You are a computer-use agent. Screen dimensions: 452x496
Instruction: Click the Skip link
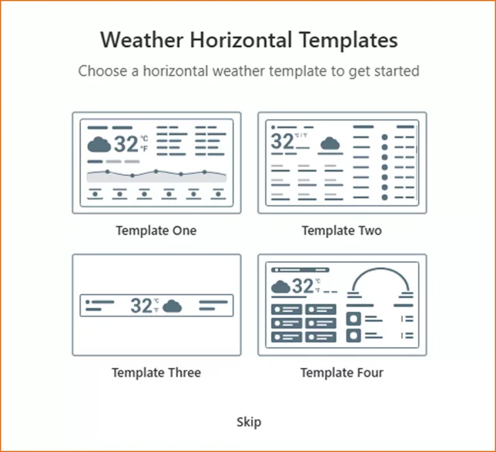pos(249,422)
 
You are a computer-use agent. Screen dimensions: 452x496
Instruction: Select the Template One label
pos(156,231)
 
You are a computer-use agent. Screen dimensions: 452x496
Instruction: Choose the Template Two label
pos(342,231)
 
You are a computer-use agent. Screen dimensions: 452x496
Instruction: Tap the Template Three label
pos(156,373)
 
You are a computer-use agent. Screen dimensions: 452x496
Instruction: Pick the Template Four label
pos(342,373)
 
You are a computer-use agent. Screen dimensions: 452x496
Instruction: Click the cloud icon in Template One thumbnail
pos(99,145)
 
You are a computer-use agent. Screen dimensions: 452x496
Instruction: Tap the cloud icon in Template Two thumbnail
pos(330,144)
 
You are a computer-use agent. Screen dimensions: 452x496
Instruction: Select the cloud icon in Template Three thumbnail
pos(172,306)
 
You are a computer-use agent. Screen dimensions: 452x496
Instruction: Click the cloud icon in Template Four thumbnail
pos(281,286)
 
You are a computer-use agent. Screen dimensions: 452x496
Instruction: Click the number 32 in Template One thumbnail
pos(126,144)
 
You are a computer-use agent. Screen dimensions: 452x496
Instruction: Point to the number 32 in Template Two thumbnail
pos(283,141)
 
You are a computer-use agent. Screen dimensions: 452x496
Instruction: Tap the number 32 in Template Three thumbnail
pos(141,305)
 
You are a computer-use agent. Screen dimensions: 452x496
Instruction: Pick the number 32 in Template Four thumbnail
pos(303,286)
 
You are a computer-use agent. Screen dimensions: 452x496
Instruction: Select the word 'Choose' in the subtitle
pos(100,71)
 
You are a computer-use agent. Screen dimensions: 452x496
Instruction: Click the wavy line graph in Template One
pos(156,173)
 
